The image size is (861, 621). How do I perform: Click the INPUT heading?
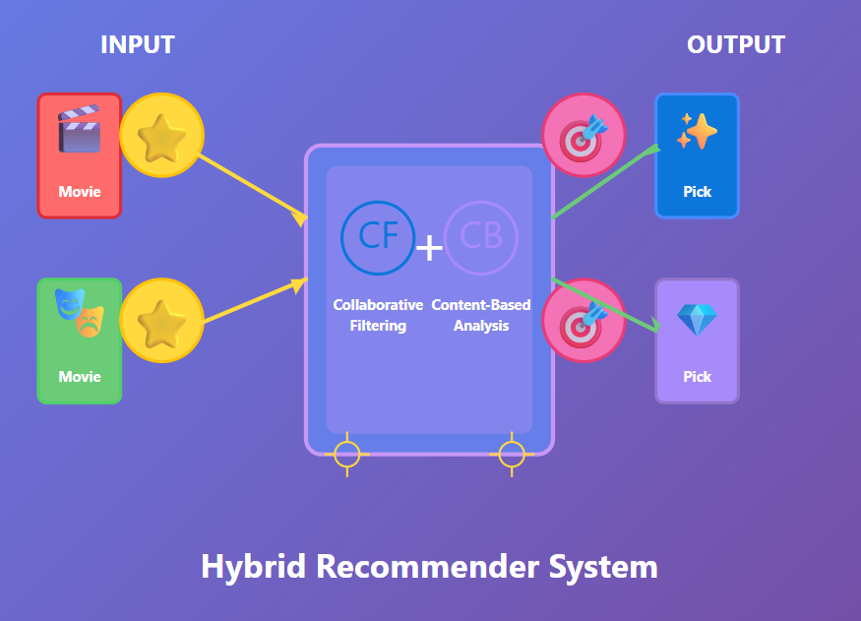(137, 45)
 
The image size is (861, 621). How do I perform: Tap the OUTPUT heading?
(735, 45)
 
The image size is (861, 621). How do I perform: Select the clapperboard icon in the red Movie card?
(79, 129)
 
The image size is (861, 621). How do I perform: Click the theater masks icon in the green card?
(79, 312)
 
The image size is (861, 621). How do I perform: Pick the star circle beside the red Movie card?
(161, 136)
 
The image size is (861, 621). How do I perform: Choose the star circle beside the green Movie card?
(161, 321)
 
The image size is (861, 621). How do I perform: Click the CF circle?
(378, 237)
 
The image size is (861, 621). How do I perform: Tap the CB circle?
(481, 237)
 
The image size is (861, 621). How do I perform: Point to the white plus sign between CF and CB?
(429, 248)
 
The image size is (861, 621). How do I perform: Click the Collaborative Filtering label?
(378, 315)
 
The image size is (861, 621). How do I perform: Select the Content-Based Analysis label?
(481, 315)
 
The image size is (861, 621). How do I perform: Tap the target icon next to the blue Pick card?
(584, 135)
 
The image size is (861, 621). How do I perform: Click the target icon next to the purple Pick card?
(584, 321)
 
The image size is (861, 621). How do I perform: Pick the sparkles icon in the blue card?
(697, 131)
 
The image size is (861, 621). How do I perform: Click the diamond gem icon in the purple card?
(697, 319)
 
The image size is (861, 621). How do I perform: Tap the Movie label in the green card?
(79, 377)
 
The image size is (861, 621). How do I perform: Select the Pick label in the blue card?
(697, 192)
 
